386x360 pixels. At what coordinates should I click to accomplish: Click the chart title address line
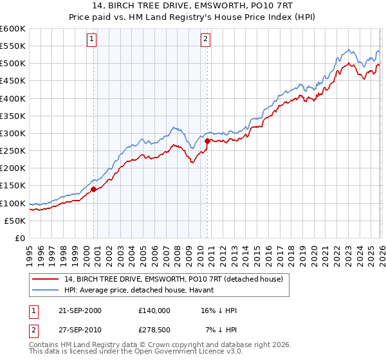click(193, 6)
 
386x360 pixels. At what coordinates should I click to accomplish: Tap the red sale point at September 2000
click(94, 189)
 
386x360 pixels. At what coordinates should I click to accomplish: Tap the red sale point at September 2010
click(207, 141)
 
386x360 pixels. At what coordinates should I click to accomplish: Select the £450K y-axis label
click(13, 81)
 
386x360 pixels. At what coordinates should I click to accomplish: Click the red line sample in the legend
click(46, 278)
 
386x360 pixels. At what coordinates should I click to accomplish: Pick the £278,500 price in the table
click(154, 330)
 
